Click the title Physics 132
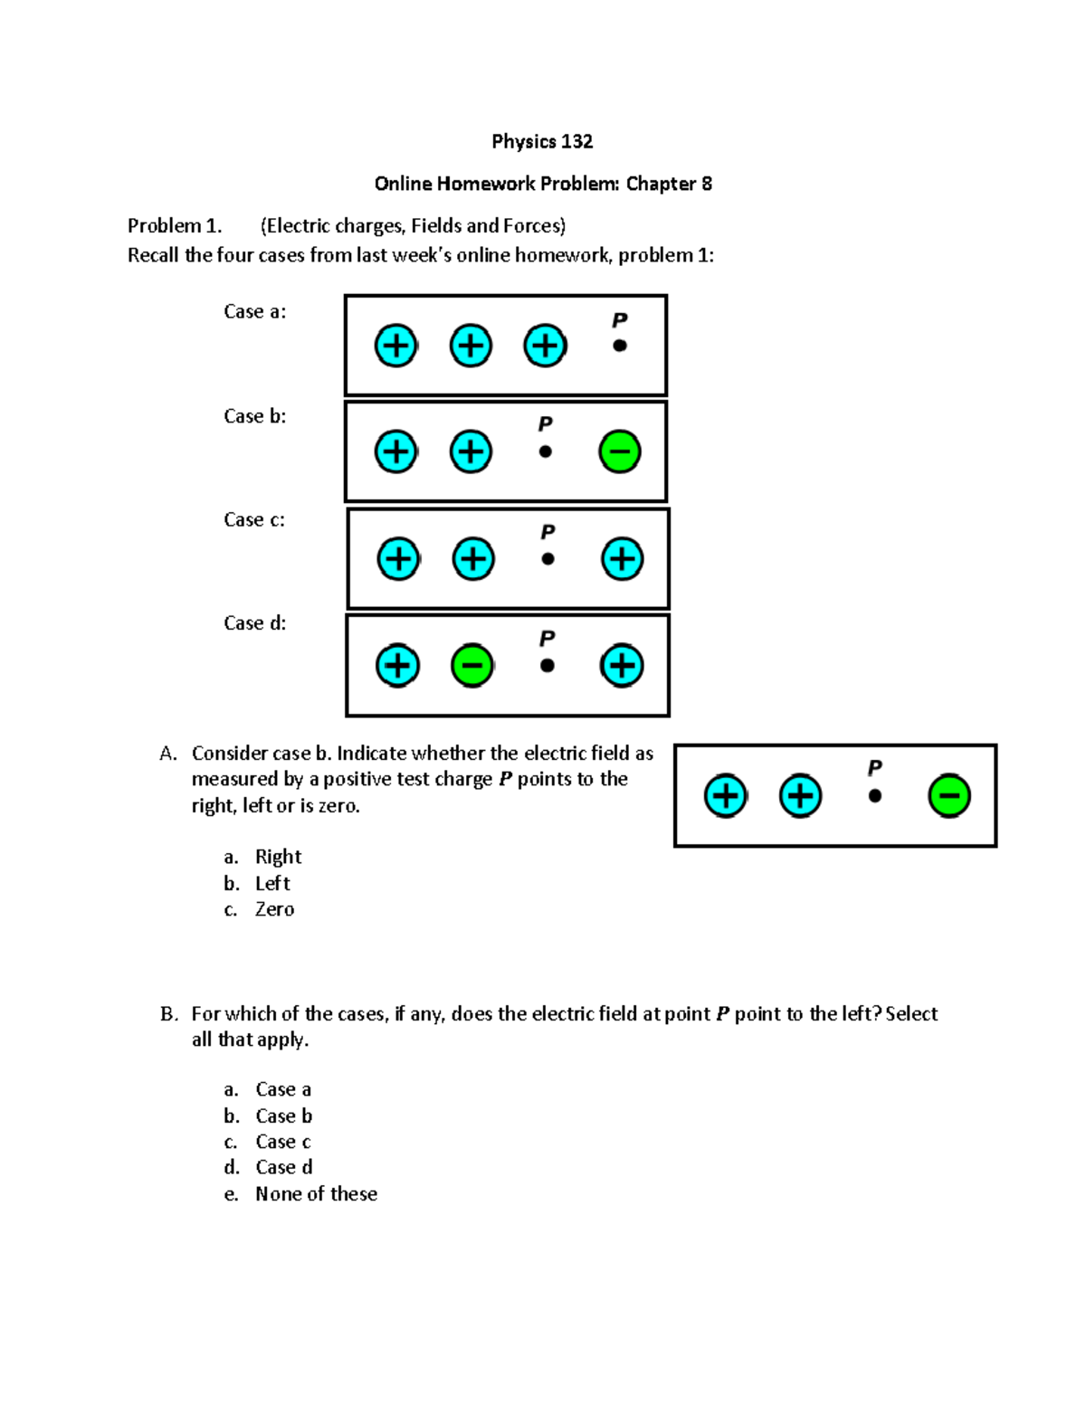(x=542, y=141)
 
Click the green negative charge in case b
(x=620, y=451)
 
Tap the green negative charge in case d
(x=472, y=666)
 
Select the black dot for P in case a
(x=620, y=346)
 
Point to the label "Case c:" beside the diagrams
(x=254, y=519)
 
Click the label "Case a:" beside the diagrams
(x=254, y=311)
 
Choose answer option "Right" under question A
(x=278, y=857)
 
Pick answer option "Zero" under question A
(x=274, y=909)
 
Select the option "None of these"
(x=316, y=1194)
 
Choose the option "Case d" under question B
(x=283, y=1167)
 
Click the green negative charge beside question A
(x=949, y=796)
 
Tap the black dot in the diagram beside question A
(x=874, y=796)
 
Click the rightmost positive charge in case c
(x=622, y=558)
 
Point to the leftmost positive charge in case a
(x=395, y=346)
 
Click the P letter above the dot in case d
(x=547, y=639)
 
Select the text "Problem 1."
(x=175, y=225)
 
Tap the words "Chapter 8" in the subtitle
(x=669, y=184)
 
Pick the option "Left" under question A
(x=272, y=883)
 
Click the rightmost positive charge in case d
(x=622, y=666)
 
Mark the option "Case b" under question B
(x=283, y=1115)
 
